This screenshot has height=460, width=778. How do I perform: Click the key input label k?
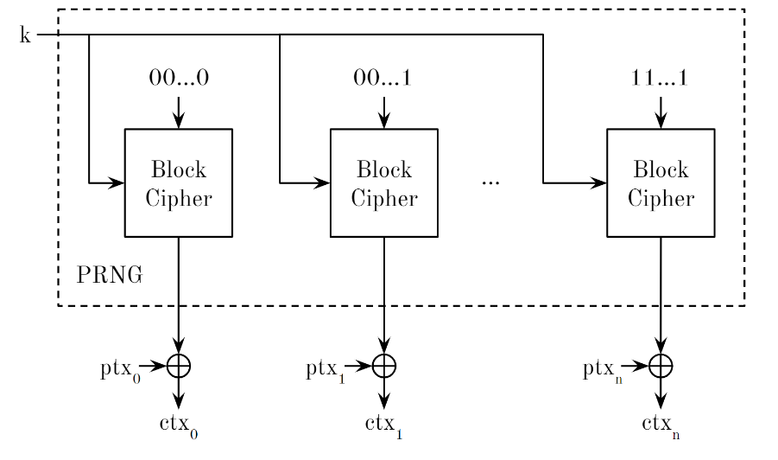pos(24,35)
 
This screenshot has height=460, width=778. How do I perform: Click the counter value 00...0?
pos(179,78)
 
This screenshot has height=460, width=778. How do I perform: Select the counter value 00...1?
pos(384,78)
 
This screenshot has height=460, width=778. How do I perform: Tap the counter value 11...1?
pos(661,78)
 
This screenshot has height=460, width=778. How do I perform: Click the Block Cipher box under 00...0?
pos(179,182)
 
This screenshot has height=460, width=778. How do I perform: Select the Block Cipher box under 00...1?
pos(384,182)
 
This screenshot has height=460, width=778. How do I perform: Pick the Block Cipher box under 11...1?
pos(661,182)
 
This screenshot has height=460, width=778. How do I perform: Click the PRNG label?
pos(109,276)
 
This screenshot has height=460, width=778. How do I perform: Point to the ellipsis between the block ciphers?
pos(490,183)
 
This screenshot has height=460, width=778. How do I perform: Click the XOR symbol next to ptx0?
pos(179,366)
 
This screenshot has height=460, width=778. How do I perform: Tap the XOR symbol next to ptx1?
pos(384,366)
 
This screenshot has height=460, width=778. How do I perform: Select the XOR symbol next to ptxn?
pos(661,366)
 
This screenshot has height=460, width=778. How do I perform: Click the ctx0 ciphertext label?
pos(178,426)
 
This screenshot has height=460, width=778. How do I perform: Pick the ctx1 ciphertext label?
pos(384,426)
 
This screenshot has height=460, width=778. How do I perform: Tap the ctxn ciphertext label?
pos(661,426)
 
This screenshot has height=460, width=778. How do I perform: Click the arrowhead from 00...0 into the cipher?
pos(179,122)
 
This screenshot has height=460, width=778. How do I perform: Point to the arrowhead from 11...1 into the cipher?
pos(661,122)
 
